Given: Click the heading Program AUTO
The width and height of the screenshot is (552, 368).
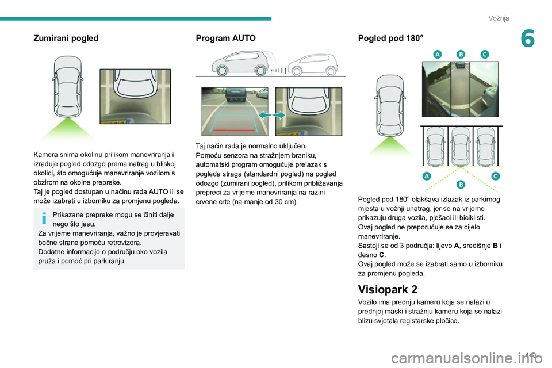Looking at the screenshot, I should coord(226,39).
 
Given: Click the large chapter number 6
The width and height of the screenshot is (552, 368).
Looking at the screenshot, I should coord(528,40).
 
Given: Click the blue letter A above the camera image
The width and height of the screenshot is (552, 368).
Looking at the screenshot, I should coord(437,54).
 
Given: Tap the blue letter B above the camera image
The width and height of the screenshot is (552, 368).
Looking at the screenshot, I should coord(461,54).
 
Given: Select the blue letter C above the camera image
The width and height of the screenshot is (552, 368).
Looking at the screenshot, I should coord(484,54).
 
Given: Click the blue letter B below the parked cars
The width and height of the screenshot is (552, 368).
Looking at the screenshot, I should coord(461,185).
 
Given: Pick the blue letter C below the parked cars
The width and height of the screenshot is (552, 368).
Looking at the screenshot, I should coord(494,175).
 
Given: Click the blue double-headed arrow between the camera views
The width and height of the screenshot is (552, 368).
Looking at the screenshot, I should coord(271,115).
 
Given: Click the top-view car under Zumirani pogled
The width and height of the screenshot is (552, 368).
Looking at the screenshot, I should coord(67,87).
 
